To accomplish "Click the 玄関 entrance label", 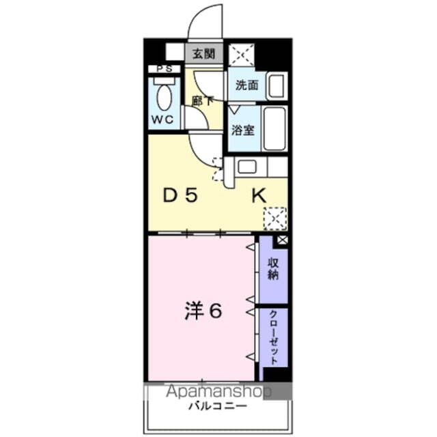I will [204, 53].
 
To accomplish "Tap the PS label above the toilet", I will [165, 69].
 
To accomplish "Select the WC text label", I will [163, 119].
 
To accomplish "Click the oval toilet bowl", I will [165, 97].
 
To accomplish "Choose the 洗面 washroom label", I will [246, 86].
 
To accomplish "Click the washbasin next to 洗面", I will [277, 86].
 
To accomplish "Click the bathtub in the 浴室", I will [275, 128].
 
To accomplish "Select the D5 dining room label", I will [180, 195].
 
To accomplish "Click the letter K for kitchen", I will [259, 195].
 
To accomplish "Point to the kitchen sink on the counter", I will [247, 166].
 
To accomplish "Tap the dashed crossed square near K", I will [275, 218].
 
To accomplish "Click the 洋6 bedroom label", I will [202, 311].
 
